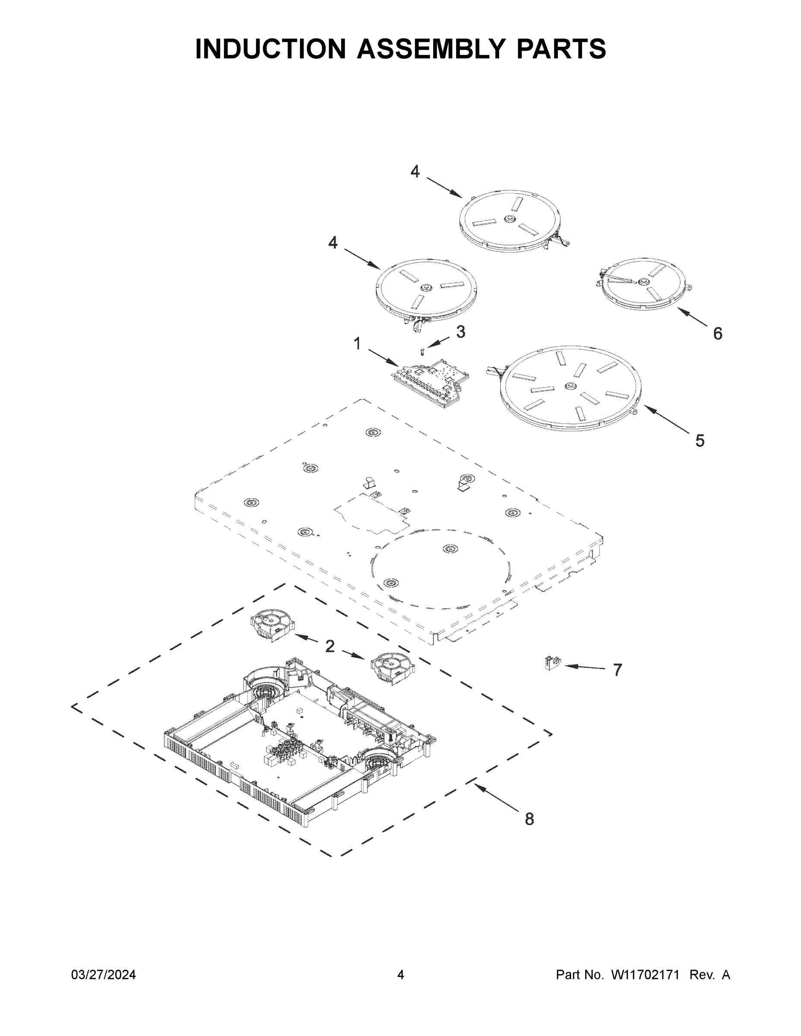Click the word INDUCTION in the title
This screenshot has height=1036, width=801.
(x=270, y=49)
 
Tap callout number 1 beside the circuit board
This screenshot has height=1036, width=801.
(x=357, y=344)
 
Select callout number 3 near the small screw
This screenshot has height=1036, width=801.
(x=460, y=332)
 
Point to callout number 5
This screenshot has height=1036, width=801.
(x=700, y=441)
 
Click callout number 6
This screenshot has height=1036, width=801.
(x=718, y=334)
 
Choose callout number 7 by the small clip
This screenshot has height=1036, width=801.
(x=617, y=670)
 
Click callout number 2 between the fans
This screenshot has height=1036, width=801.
(x=330, y=646)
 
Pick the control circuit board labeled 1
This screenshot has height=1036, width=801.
(x=430, y=379)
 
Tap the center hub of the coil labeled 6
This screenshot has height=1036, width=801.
(x=643, y=282)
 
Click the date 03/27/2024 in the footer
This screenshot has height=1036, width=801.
(x=104, y=975)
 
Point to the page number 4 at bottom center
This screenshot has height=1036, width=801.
(x=401, y=975)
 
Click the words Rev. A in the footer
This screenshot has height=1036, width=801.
(x=709, y=975)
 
